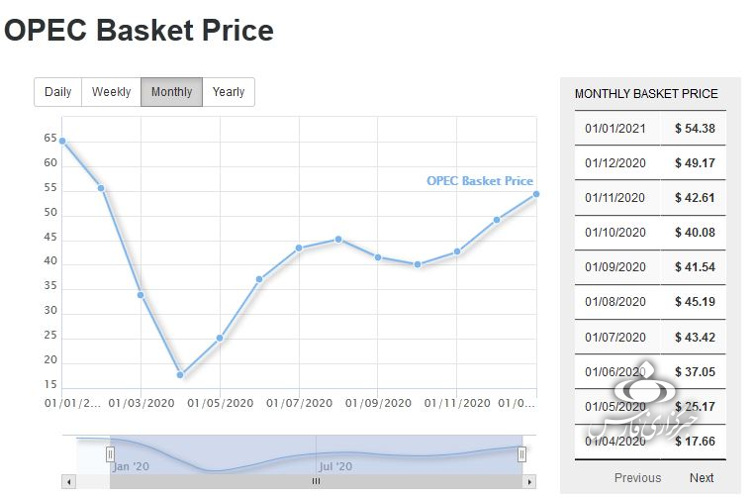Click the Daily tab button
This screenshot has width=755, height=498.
(58, 92)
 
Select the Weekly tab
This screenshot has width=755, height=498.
(111, 92)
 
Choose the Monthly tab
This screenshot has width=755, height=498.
(171, 92)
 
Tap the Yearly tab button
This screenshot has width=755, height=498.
(229, 92)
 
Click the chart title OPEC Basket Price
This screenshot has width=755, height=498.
(139, 31)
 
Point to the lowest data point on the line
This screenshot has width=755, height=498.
(180, 375)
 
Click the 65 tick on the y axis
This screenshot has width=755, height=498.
(50, 139)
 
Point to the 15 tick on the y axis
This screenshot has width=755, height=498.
(50, 385)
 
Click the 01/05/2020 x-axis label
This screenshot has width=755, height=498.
(220, 404)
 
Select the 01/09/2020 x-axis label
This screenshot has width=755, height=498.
(378, 404)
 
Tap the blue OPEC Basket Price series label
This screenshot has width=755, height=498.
(480, 181)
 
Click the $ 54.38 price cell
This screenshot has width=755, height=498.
(695, 129)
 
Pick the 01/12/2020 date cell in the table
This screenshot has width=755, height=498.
(614, 163)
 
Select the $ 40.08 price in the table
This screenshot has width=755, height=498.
(695, 233)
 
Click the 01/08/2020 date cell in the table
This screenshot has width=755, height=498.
(614, 302)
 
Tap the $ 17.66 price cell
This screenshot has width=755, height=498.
(695, 442)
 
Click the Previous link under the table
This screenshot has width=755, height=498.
(637, 478)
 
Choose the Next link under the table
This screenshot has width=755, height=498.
(702, 478)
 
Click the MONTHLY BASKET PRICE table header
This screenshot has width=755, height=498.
(646, 94)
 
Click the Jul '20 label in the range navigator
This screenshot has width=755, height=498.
(335, 466)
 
